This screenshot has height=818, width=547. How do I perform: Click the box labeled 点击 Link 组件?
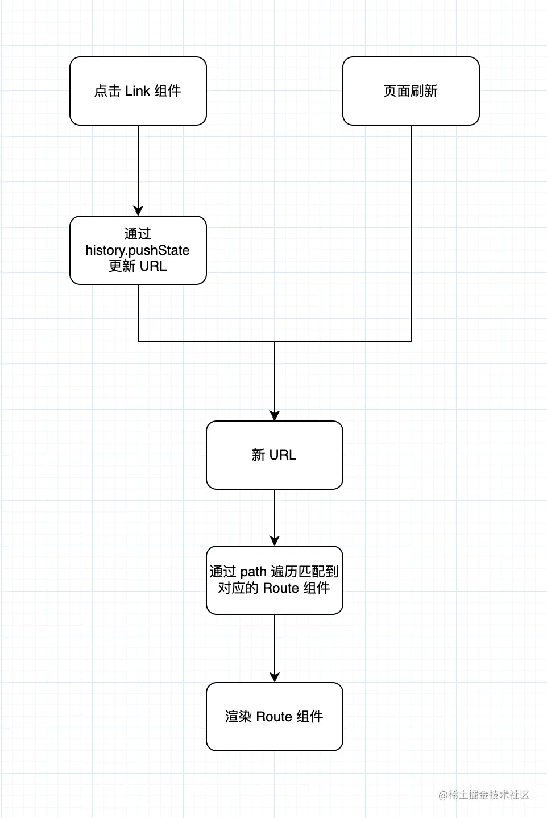pos(138,91)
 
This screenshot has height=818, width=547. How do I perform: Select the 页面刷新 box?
pos(411,91)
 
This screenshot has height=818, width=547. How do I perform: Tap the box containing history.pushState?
pos(138,250)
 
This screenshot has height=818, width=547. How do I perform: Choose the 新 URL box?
pos(275,455)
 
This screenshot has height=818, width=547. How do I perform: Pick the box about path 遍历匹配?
pos(275,580)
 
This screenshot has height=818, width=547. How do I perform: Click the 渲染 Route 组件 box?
pos(275,717)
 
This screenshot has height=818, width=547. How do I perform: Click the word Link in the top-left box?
pos(138,91)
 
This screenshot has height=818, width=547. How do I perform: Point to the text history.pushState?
pos(138,250)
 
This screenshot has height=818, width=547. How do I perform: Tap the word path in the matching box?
pos(253,572)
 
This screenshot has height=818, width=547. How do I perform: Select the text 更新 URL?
pos(138,266)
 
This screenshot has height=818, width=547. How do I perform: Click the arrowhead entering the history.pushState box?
pos(138,211)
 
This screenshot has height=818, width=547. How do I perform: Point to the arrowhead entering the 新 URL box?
pos(275,416)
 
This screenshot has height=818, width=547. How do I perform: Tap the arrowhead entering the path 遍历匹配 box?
pos(275,541)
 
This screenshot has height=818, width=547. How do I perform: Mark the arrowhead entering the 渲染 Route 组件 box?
pos(275,677)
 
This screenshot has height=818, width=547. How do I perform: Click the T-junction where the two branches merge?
pos(275,341)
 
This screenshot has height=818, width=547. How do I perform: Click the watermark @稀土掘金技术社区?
pos(484,795)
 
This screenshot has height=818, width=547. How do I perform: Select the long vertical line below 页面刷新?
pos(411,233)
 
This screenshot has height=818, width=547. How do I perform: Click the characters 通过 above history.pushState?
pos(138,234)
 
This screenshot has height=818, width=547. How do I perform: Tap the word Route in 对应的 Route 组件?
pos(281,588)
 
